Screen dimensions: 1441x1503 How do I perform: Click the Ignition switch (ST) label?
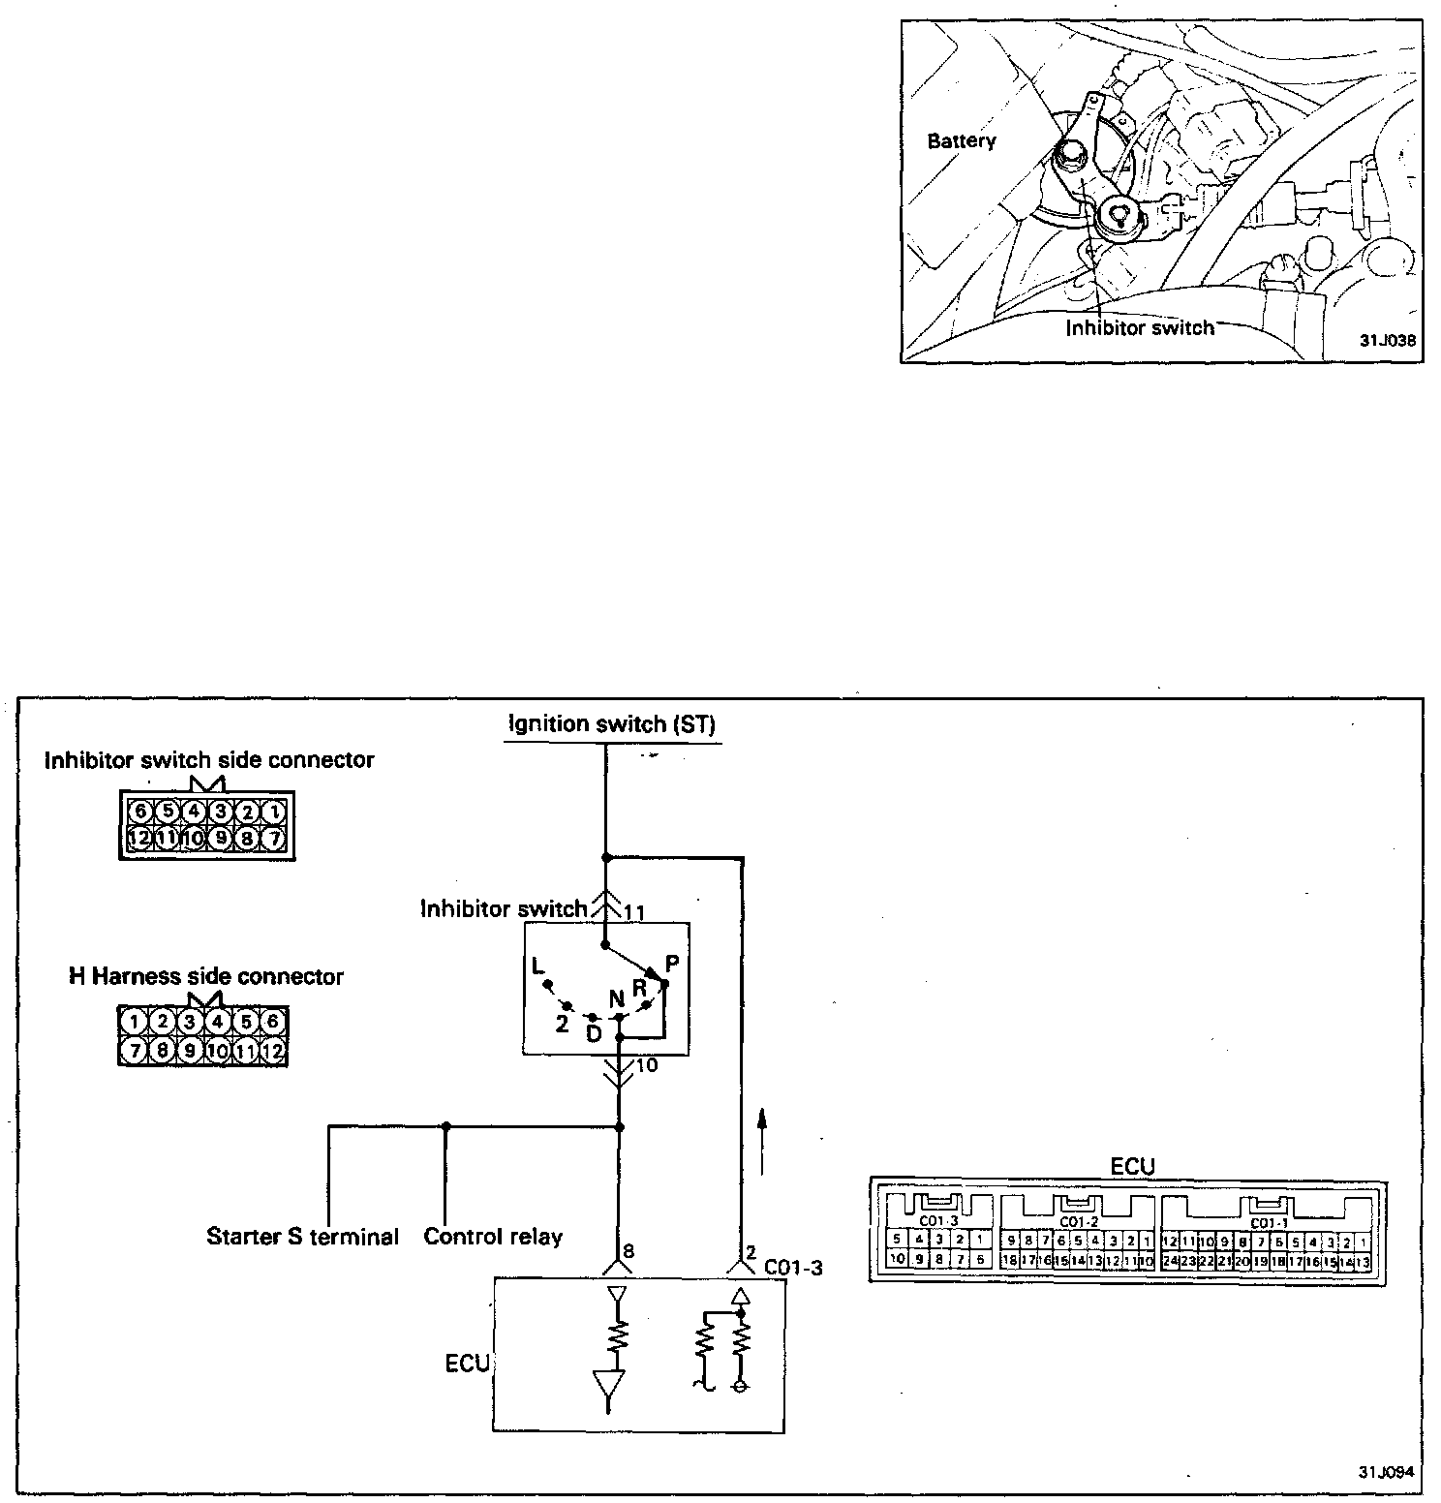click(611, 724)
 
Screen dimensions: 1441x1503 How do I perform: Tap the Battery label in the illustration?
click(961, 141)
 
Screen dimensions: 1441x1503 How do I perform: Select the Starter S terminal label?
click(302, 1237)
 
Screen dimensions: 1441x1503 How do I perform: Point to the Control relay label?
click(493, 1237)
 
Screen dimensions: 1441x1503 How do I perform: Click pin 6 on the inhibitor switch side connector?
click(140, 812)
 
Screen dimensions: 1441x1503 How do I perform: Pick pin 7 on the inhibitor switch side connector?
click(275, 839)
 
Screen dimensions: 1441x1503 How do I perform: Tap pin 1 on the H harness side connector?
click(135, 1021)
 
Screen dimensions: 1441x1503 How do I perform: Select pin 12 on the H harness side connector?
click(274, 1050)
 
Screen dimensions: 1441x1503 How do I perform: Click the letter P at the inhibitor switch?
click(672, 964)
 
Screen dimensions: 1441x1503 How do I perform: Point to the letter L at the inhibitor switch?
click(537, 966)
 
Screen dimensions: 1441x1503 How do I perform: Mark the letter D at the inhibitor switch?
click(594, 1034)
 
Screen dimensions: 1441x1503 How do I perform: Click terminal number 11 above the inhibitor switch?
click(634, 911)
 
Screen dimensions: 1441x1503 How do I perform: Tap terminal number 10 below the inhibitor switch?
click(647, 1065)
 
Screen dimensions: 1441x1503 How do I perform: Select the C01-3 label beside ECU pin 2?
click(793, 1267)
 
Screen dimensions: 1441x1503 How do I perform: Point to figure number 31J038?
click(1387, 341)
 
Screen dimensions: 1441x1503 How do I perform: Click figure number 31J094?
click(1386, 1472)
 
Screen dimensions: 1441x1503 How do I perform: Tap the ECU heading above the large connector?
click(1132, 1166)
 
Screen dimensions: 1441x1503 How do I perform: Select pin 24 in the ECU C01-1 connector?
click(1170, 1262)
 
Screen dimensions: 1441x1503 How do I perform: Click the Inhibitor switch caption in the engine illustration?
click(1139, 328)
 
